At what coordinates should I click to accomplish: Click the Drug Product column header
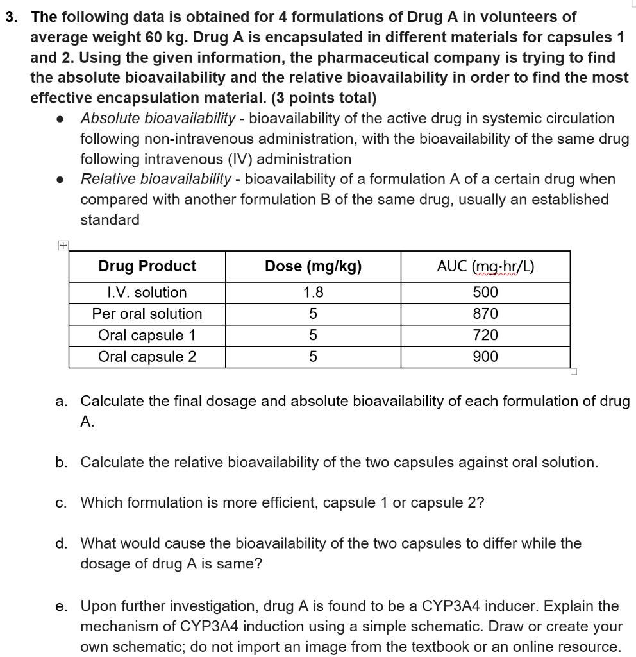(x=147, y=266)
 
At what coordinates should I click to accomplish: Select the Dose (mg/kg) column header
(x=313, y=266)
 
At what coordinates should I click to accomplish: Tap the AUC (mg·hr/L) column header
(x=485, y=266)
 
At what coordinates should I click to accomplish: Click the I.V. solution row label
(x=147, y=293)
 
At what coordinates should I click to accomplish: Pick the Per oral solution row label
(x=147, y=314)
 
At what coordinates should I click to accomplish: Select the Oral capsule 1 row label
(x=147, y=335)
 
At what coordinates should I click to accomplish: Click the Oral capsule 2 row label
(x=147, y=356)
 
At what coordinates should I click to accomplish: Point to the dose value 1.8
(x=313, y=293)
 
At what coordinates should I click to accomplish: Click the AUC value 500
(x=485, y=293)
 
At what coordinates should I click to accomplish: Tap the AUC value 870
(x=485, y=314)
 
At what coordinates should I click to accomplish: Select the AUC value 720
(x=485, y=335)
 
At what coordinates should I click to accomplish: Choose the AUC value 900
(x=485, y=356)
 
